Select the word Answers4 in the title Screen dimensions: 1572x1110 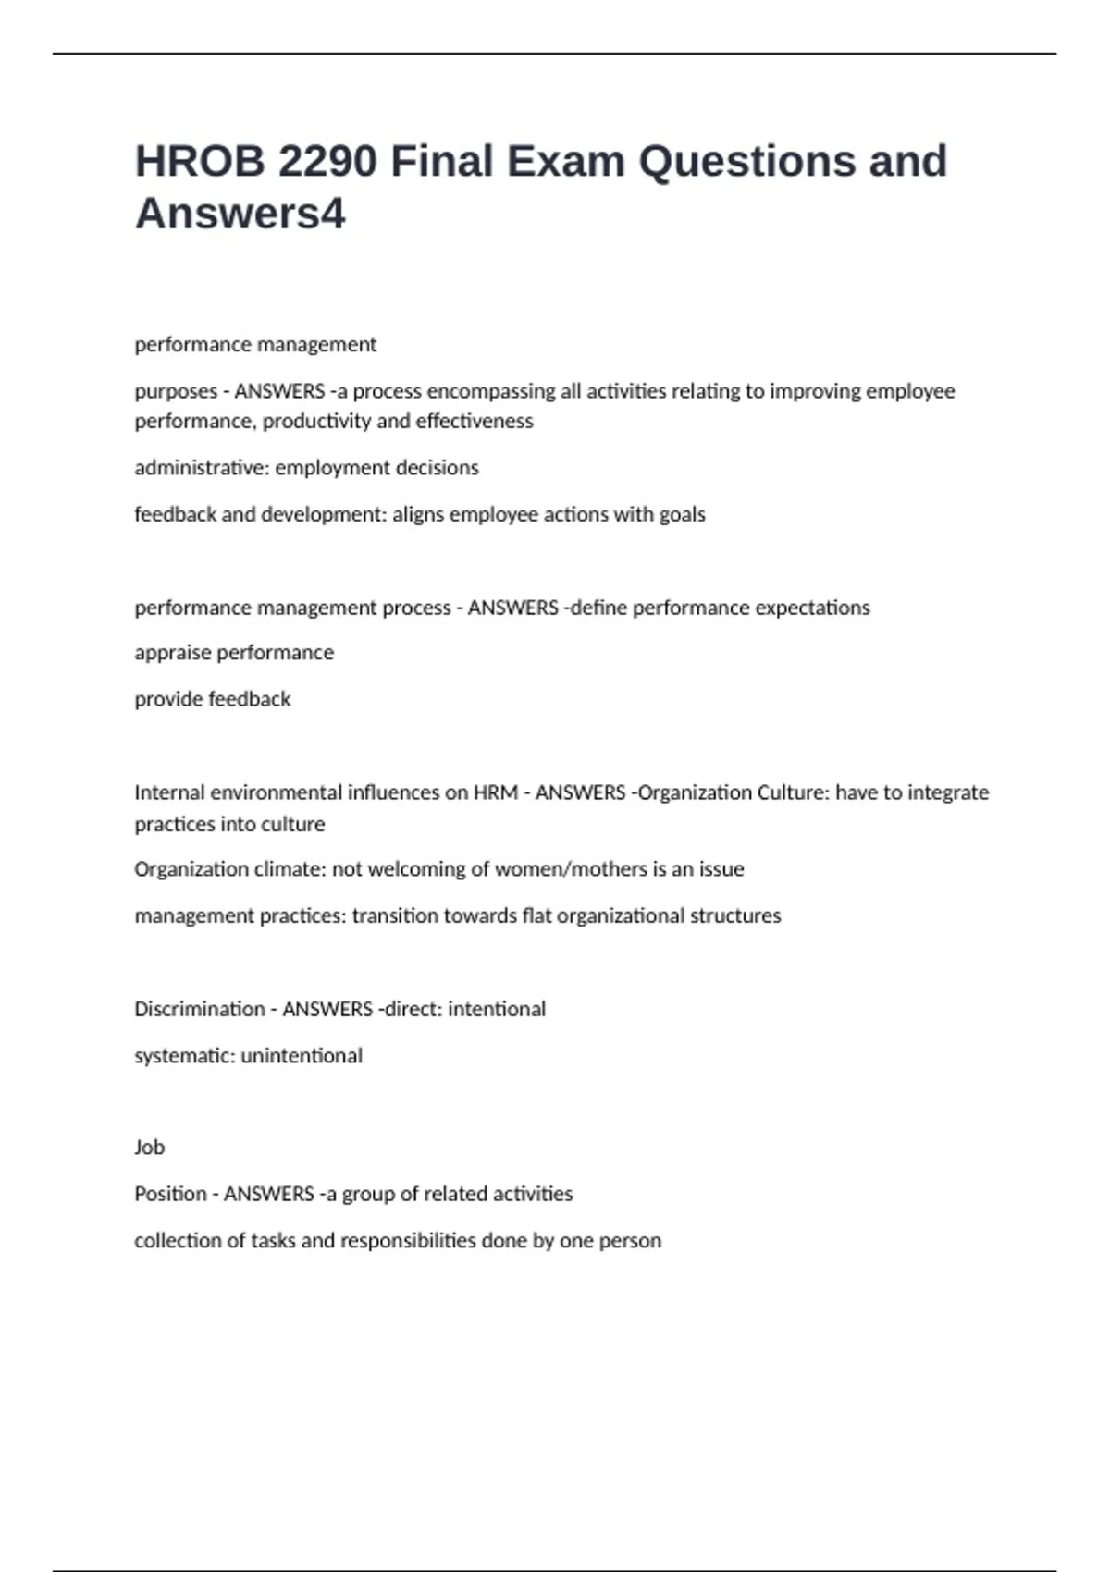[240, 214]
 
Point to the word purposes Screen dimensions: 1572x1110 [176, 391]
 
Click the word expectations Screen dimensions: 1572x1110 [812, 608]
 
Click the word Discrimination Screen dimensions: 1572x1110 [199, 1009]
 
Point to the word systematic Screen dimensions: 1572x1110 [184, 1055]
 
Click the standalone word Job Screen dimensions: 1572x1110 [149, 1148]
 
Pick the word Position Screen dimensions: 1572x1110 [170, 1194]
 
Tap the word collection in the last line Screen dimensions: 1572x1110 [178, 1240]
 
